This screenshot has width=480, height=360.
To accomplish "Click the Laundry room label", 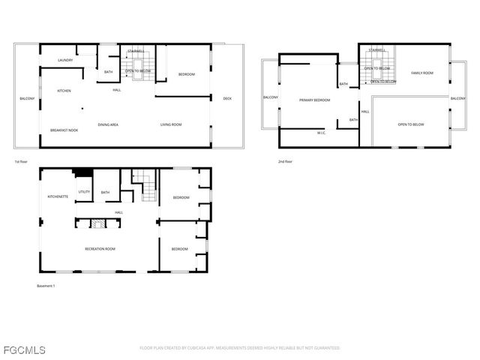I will click(x=64, y=60).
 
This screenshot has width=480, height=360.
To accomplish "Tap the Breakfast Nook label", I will click(x=64, y=130).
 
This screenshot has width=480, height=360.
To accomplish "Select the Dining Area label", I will click(x=108, y=124).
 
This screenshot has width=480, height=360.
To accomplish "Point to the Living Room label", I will click(x=171, y=124).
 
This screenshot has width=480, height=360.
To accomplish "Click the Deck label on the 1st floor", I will click(x=227, y=98).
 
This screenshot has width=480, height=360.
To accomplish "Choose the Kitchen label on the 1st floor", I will click(x=64, y=91).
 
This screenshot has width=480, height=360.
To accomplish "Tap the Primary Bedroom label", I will click(x=314, y=100).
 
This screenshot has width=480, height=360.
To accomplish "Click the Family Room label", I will click(x=422, y=73).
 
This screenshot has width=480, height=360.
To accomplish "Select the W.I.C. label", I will click(x=320, y=133).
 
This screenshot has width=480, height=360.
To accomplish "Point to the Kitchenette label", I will click(x=58, y=196).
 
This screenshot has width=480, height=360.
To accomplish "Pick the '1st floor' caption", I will click(x=21, y=162).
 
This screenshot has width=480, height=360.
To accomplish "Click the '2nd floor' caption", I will click(x=285, y=162).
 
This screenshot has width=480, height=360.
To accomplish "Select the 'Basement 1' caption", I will click(x=46, y=286).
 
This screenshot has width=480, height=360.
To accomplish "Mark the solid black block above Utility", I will click(x=82, y=173).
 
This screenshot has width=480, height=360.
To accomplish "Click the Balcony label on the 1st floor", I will click(x=27, y=99).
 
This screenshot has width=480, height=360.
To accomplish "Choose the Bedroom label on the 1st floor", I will click(x=186, y=74).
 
